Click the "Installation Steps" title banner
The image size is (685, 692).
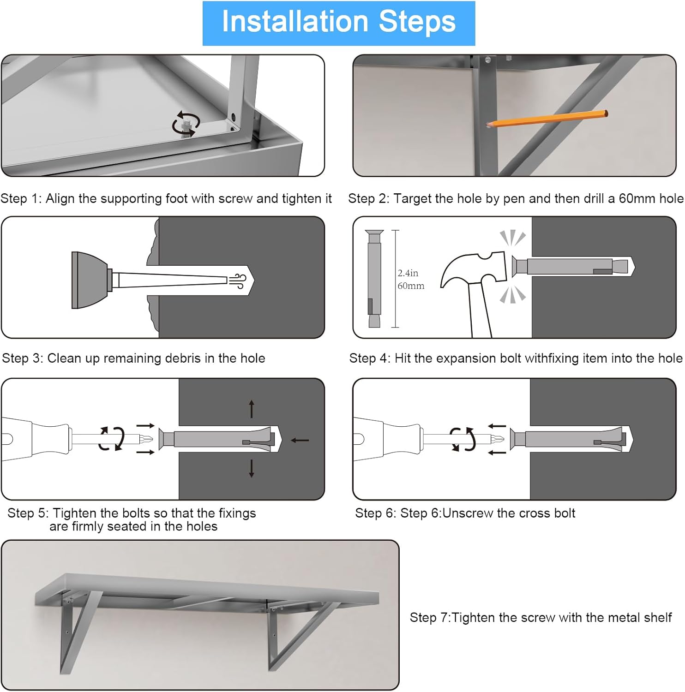pos(339,23)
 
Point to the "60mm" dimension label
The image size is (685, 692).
pos(411,286)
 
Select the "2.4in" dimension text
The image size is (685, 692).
pos(408,273)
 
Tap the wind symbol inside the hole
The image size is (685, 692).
pos(239,280)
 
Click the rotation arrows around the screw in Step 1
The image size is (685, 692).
pos(186,123)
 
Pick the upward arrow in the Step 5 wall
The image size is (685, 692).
pos(252,409)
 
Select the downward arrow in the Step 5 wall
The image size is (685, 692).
pos(252,468)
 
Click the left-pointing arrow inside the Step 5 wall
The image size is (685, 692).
pos(300,440)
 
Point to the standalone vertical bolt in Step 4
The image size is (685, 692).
pos(374,279)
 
